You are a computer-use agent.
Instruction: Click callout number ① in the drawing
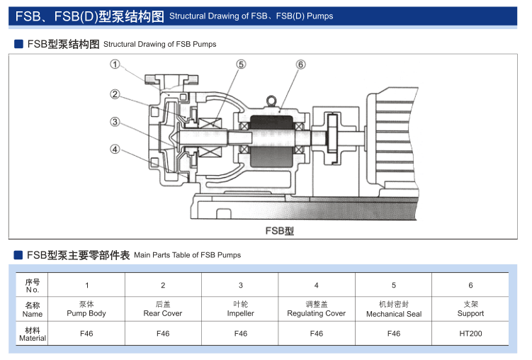(x=114, y=64)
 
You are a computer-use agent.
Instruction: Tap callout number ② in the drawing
(x=114, y=94)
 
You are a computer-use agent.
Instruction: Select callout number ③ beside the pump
(x=114, y=122)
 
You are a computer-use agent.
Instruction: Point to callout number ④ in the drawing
(x=114, y=149)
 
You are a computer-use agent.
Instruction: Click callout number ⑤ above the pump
(x=242, y=64)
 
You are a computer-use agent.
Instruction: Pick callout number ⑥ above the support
(x=300, y=64)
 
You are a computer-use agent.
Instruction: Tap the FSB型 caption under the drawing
(x=279, y=230)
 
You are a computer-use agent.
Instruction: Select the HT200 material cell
(x=470, y=333)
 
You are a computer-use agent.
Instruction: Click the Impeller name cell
(x=241, y=308)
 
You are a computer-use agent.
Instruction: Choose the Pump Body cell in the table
(x=86, y=308)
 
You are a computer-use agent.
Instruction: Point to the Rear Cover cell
(x=163, y=308)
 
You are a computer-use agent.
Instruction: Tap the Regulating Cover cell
(x=317, y=308)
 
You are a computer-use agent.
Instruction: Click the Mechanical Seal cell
(x=394, y=308)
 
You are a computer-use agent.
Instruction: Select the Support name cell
(x=470, y=308)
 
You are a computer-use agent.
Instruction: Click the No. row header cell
(x=33, y=285)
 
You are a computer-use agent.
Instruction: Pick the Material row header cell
(x=33, y=333)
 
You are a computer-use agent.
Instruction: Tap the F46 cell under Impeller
(x=241, y=333)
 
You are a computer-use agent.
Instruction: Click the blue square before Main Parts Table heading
(x=19, y=254)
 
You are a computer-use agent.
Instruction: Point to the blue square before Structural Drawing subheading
(x=19, y=44)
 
